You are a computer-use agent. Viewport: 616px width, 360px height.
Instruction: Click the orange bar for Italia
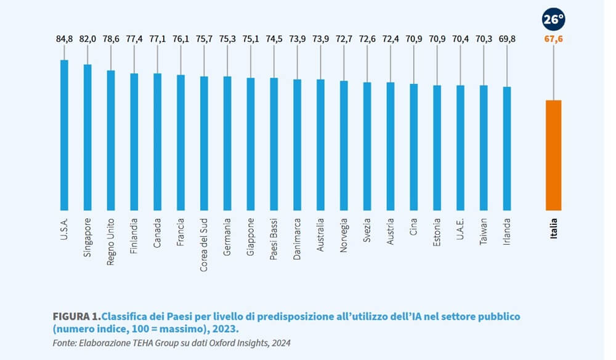553,155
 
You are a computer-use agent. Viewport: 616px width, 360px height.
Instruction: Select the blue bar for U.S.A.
64,136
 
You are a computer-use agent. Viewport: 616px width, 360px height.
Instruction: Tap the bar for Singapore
87,137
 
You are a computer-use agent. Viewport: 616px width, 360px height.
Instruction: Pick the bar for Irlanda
507,149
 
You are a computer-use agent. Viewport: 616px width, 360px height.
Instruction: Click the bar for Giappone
251,144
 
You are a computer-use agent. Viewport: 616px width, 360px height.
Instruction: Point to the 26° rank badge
553,19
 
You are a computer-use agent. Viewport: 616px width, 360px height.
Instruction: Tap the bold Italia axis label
553,228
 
